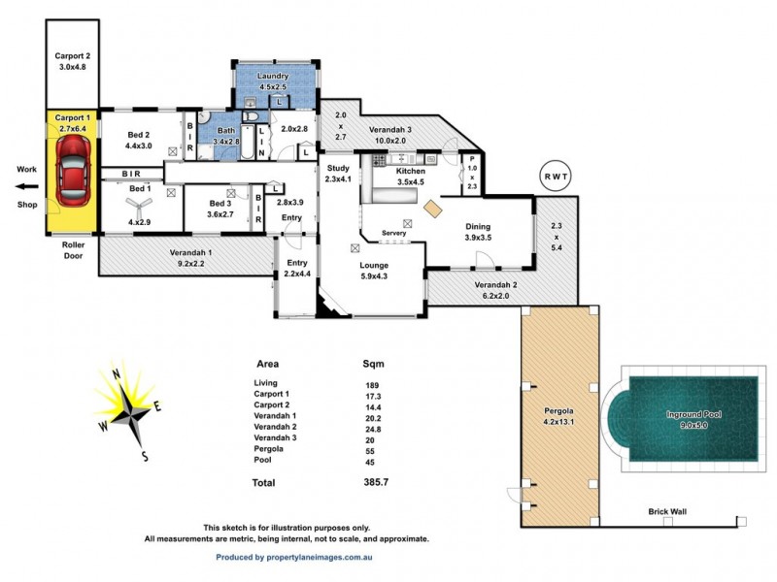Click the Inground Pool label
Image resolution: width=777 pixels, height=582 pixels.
coord(693,414)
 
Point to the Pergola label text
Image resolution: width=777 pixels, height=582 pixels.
coord(561,415)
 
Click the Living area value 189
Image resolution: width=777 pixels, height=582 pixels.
coord(372,385)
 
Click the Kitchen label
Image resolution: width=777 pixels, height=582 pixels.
coord(412,171)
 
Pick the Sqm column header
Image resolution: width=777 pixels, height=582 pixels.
coord(373,365)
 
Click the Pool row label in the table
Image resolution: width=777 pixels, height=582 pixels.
coord(263,461)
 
